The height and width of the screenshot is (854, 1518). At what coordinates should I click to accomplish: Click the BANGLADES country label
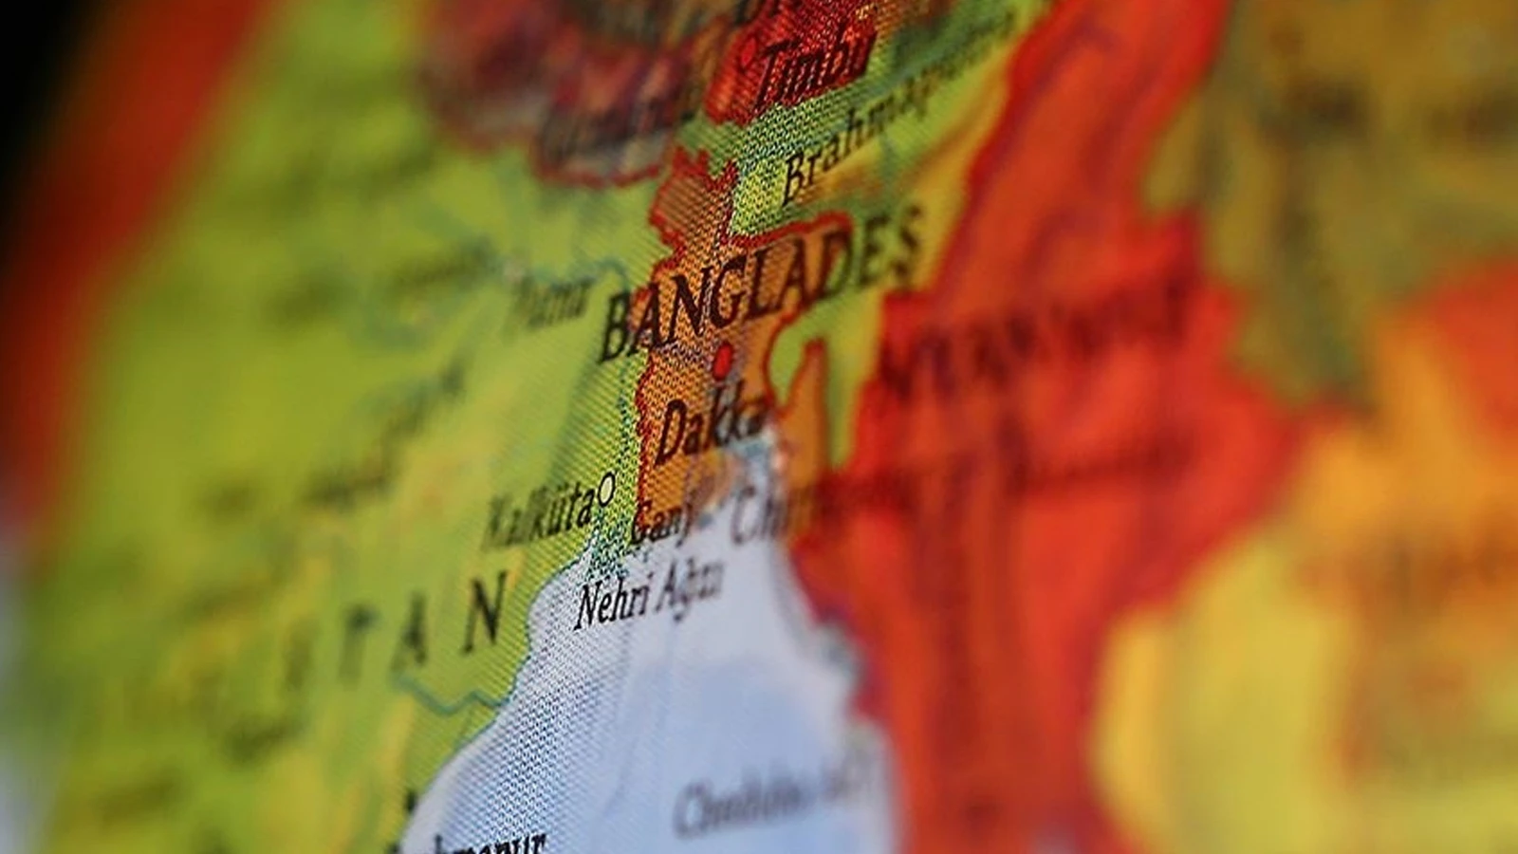759,285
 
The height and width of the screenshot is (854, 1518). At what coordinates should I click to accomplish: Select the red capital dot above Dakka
723,360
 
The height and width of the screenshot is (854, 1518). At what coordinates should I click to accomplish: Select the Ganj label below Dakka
664,517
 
